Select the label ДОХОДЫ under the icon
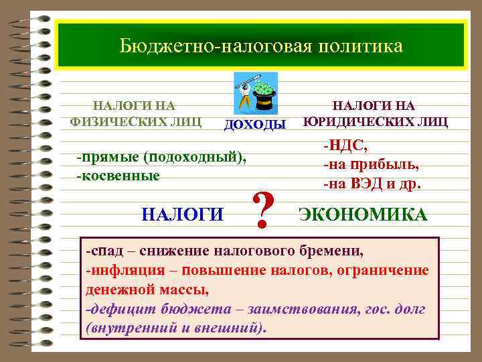pyautogui.click(x=254, y=125)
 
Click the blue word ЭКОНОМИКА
pyautogui.click(x=362, y=215)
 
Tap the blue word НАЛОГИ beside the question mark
pyautogui.click(x=183, y=215)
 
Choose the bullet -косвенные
pyautogui.click(x=118, y=176)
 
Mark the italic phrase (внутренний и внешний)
pyautogui.click(x=176, y=328)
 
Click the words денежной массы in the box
pyautogui.click(x=147, y=290)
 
